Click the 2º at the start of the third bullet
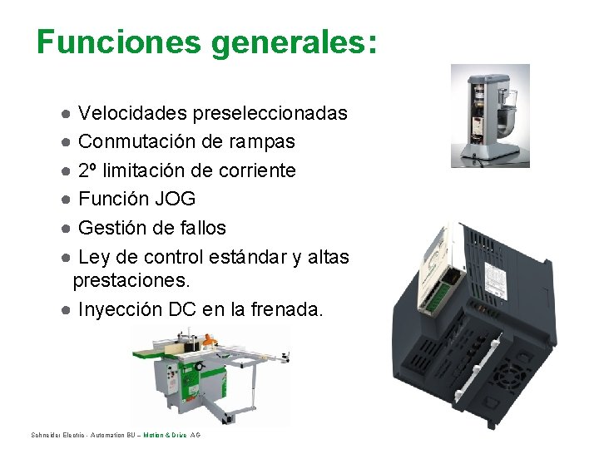point(87,170)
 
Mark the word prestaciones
point(131,281)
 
